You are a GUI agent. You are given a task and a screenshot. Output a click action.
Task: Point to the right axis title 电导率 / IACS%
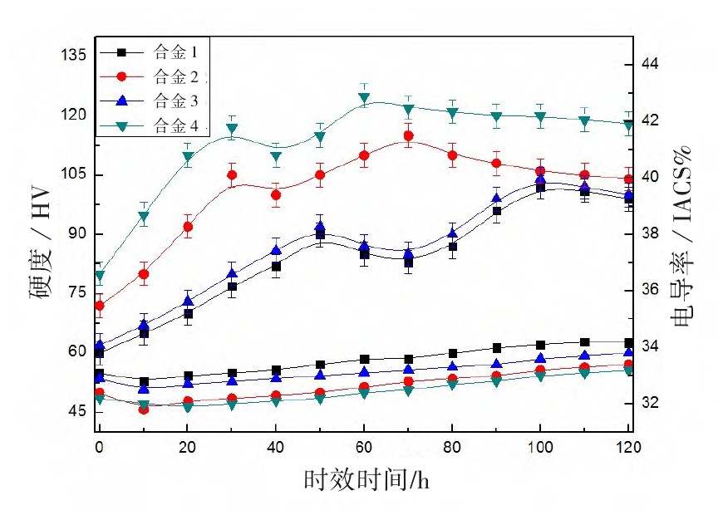point(681,241)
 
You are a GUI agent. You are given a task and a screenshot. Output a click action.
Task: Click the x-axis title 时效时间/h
point(366,480)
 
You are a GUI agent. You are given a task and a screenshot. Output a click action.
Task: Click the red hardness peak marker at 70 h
point(408,136)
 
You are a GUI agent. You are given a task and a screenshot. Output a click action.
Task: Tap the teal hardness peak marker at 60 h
point(364,98)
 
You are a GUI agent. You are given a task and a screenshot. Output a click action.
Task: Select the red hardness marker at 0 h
point(100,306)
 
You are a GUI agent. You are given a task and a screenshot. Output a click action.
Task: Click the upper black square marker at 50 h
point(320,235)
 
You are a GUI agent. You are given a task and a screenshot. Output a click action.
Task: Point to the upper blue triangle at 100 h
point(540,179)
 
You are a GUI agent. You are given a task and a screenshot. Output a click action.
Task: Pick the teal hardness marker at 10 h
point(144,218)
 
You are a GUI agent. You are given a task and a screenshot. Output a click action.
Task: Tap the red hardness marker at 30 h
point(232,175)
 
